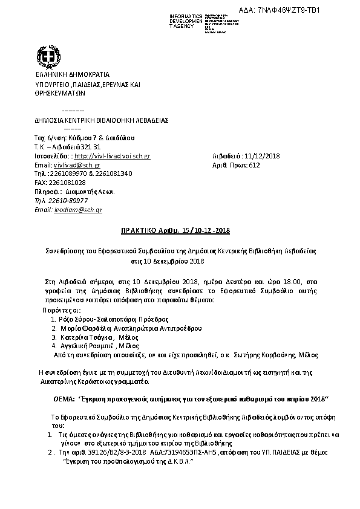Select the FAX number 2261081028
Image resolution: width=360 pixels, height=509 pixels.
[68, 183]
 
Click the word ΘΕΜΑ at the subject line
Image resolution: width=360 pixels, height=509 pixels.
[65, 400]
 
